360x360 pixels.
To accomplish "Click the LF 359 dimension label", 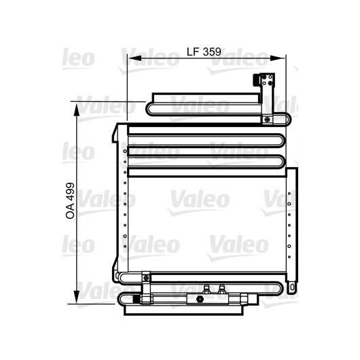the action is [x=204, y=52].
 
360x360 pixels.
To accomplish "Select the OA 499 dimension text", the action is [x=70, y=200].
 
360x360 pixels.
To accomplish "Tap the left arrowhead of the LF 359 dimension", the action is [x=134, y=58].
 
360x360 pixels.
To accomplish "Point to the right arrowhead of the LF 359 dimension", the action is [x=277, y=58].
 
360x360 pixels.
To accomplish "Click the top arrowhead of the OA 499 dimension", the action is [x=77, y=110].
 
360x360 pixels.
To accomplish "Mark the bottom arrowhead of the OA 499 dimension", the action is [x=77, y=297].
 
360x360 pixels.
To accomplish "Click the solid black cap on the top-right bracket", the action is [x=256, y=80].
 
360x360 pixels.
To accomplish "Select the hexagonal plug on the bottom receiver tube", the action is [x=199, y=299].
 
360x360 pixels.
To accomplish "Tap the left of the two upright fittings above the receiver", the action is [x=206, y=289].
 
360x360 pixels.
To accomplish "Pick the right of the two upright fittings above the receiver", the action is [x=221, y=289].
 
